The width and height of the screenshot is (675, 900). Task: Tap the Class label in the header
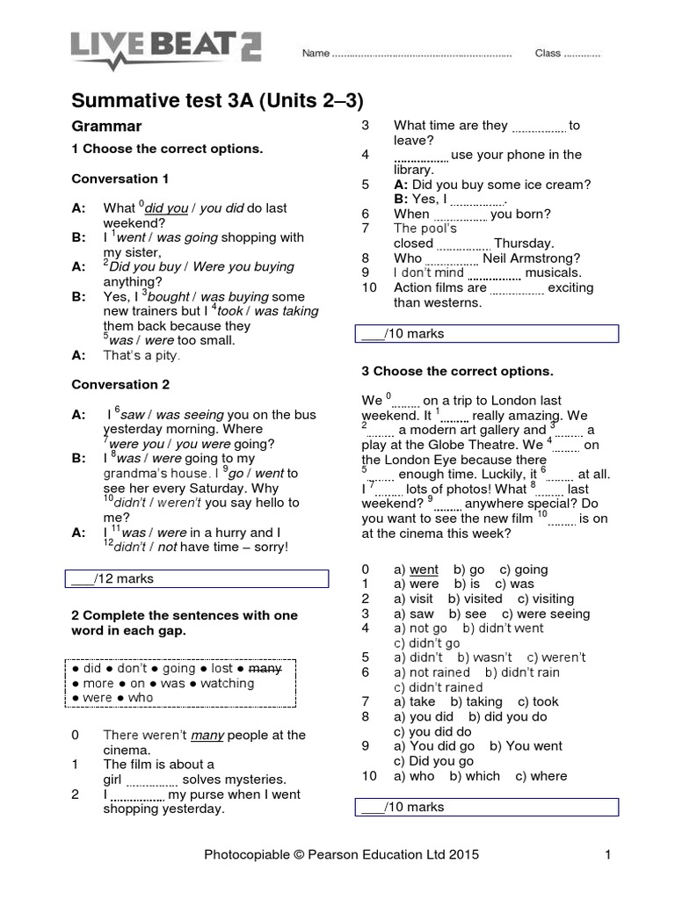click(548, 54)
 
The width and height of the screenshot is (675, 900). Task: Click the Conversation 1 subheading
click(120, 178)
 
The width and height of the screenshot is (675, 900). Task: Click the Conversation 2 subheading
click(120, 385)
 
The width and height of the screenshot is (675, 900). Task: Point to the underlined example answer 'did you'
click(167, 208)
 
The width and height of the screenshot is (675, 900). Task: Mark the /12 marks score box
click(198, 578)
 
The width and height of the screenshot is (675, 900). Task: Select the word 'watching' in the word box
click(228, 683)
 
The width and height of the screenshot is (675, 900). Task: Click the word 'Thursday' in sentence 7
click(524, 243)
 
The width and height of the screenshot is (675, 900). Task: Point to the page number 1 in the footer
click(607, 853)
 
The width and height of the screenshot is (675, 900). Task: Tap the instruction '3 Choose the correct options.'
click(457, 371)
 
